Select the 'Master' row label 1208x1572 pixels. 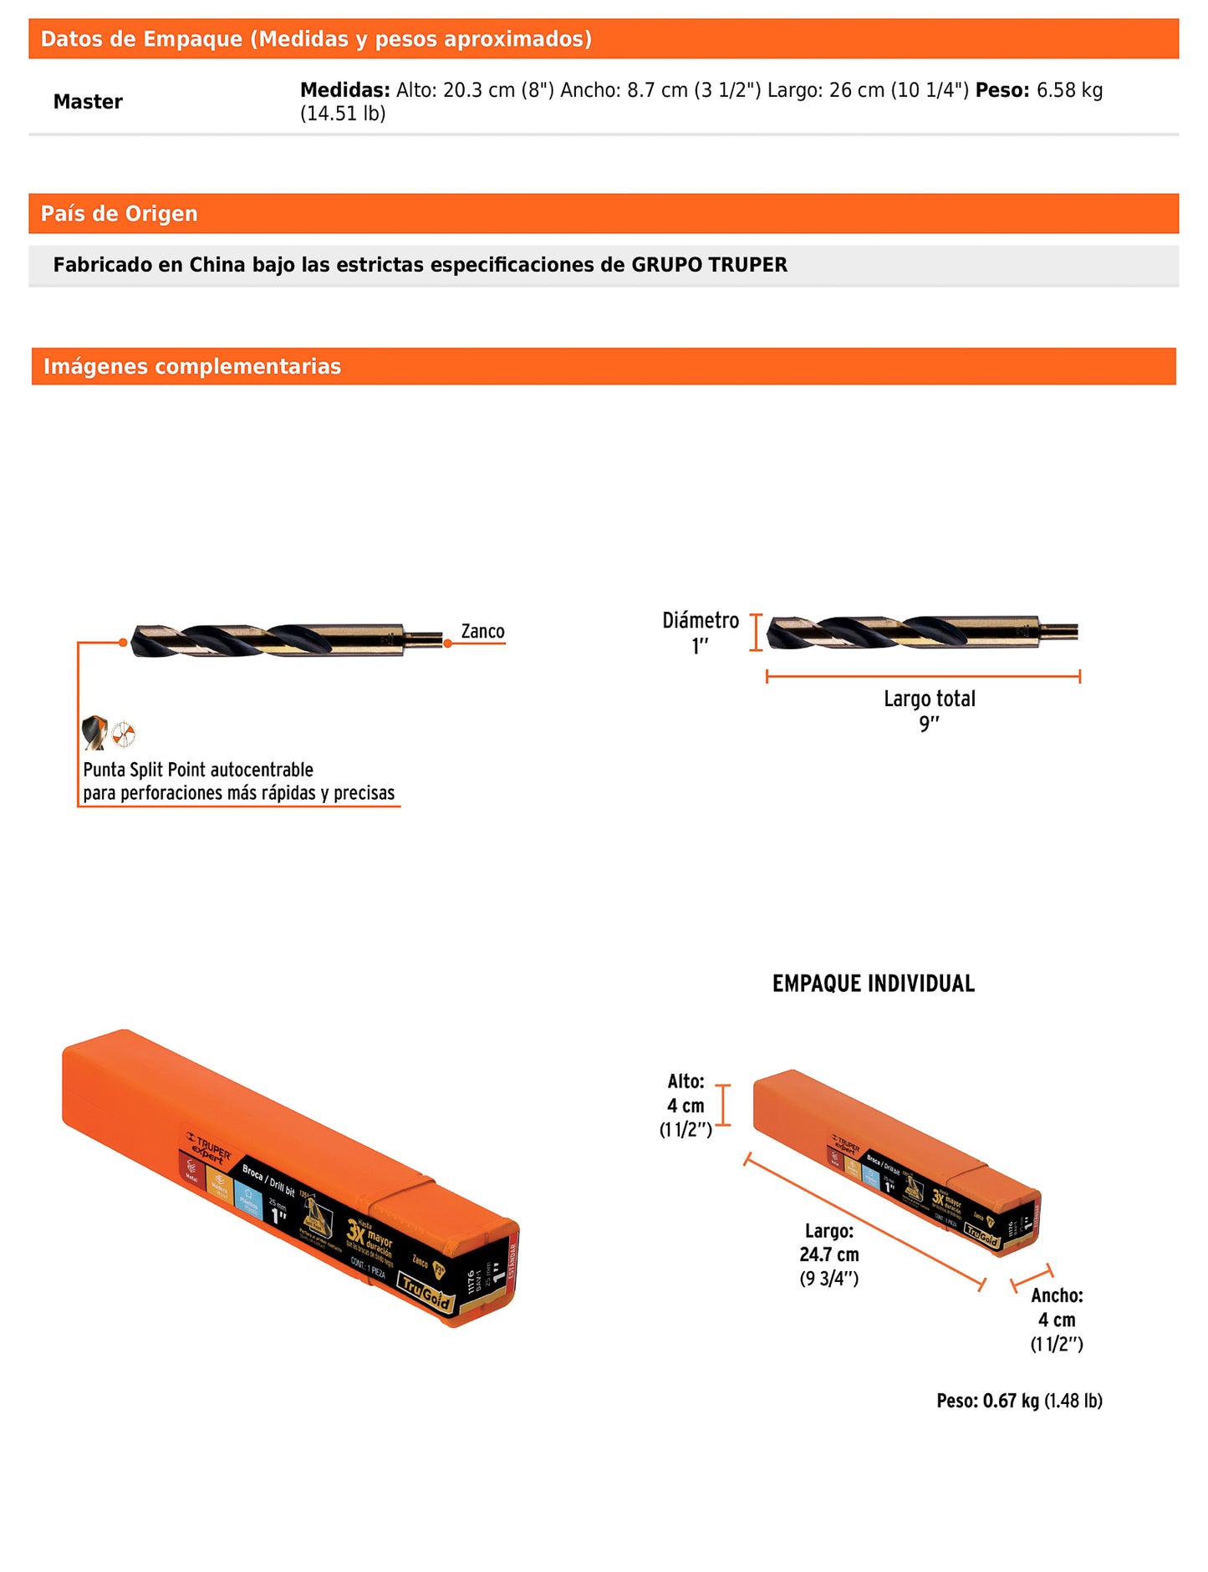pos(88,102)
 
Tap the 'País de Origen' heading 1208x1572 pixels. pos(120,214)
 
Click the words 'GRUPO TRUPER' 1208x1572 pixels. pos(709,265)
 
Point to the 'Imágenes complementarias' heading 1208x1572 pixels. pos(192,367)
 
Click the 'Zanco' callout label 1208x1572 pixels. pos(482,632)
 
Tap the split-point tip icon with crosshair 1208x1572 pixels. pos(124,734)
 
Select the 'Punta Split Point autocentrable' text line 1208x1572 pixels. pos(198,770)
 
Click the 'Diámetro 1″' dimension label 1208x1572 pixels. pos(701,633)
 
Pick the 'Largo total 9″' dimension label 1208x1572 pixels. pos(930,710)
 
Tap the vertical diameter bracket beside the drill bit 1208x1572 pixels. pos(756,633)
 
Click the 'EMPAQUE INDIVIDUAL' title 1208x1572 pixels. pos(874,984)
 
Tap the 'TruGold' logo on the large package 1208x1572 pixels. pos(426,1292)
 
